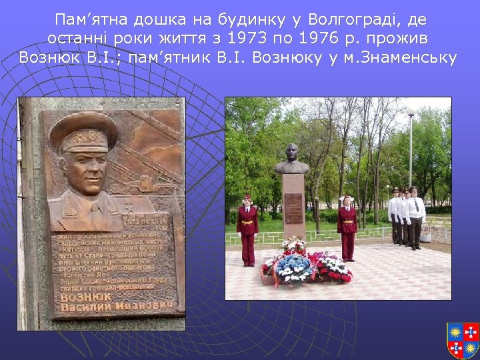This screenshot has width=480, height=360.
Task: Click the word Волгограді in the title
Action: point(358,19)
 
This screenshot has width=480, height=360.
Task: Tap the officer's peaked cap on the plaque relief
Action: point(83,131)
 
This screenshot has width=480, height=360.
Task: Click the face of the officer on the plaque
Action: point(85,169)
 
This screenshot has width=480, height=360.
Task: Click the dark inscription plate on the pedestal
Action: point(293,207)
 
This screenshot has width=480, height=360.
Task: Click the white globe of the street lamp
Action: point(411,111)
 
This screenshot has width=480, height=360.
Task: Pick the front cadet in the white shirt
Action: point(416,217)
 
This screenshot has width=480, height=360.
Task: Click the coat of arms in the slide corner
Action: point(463,340)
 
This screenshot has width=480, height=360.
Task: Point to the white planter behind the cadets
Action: point(427,235)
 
